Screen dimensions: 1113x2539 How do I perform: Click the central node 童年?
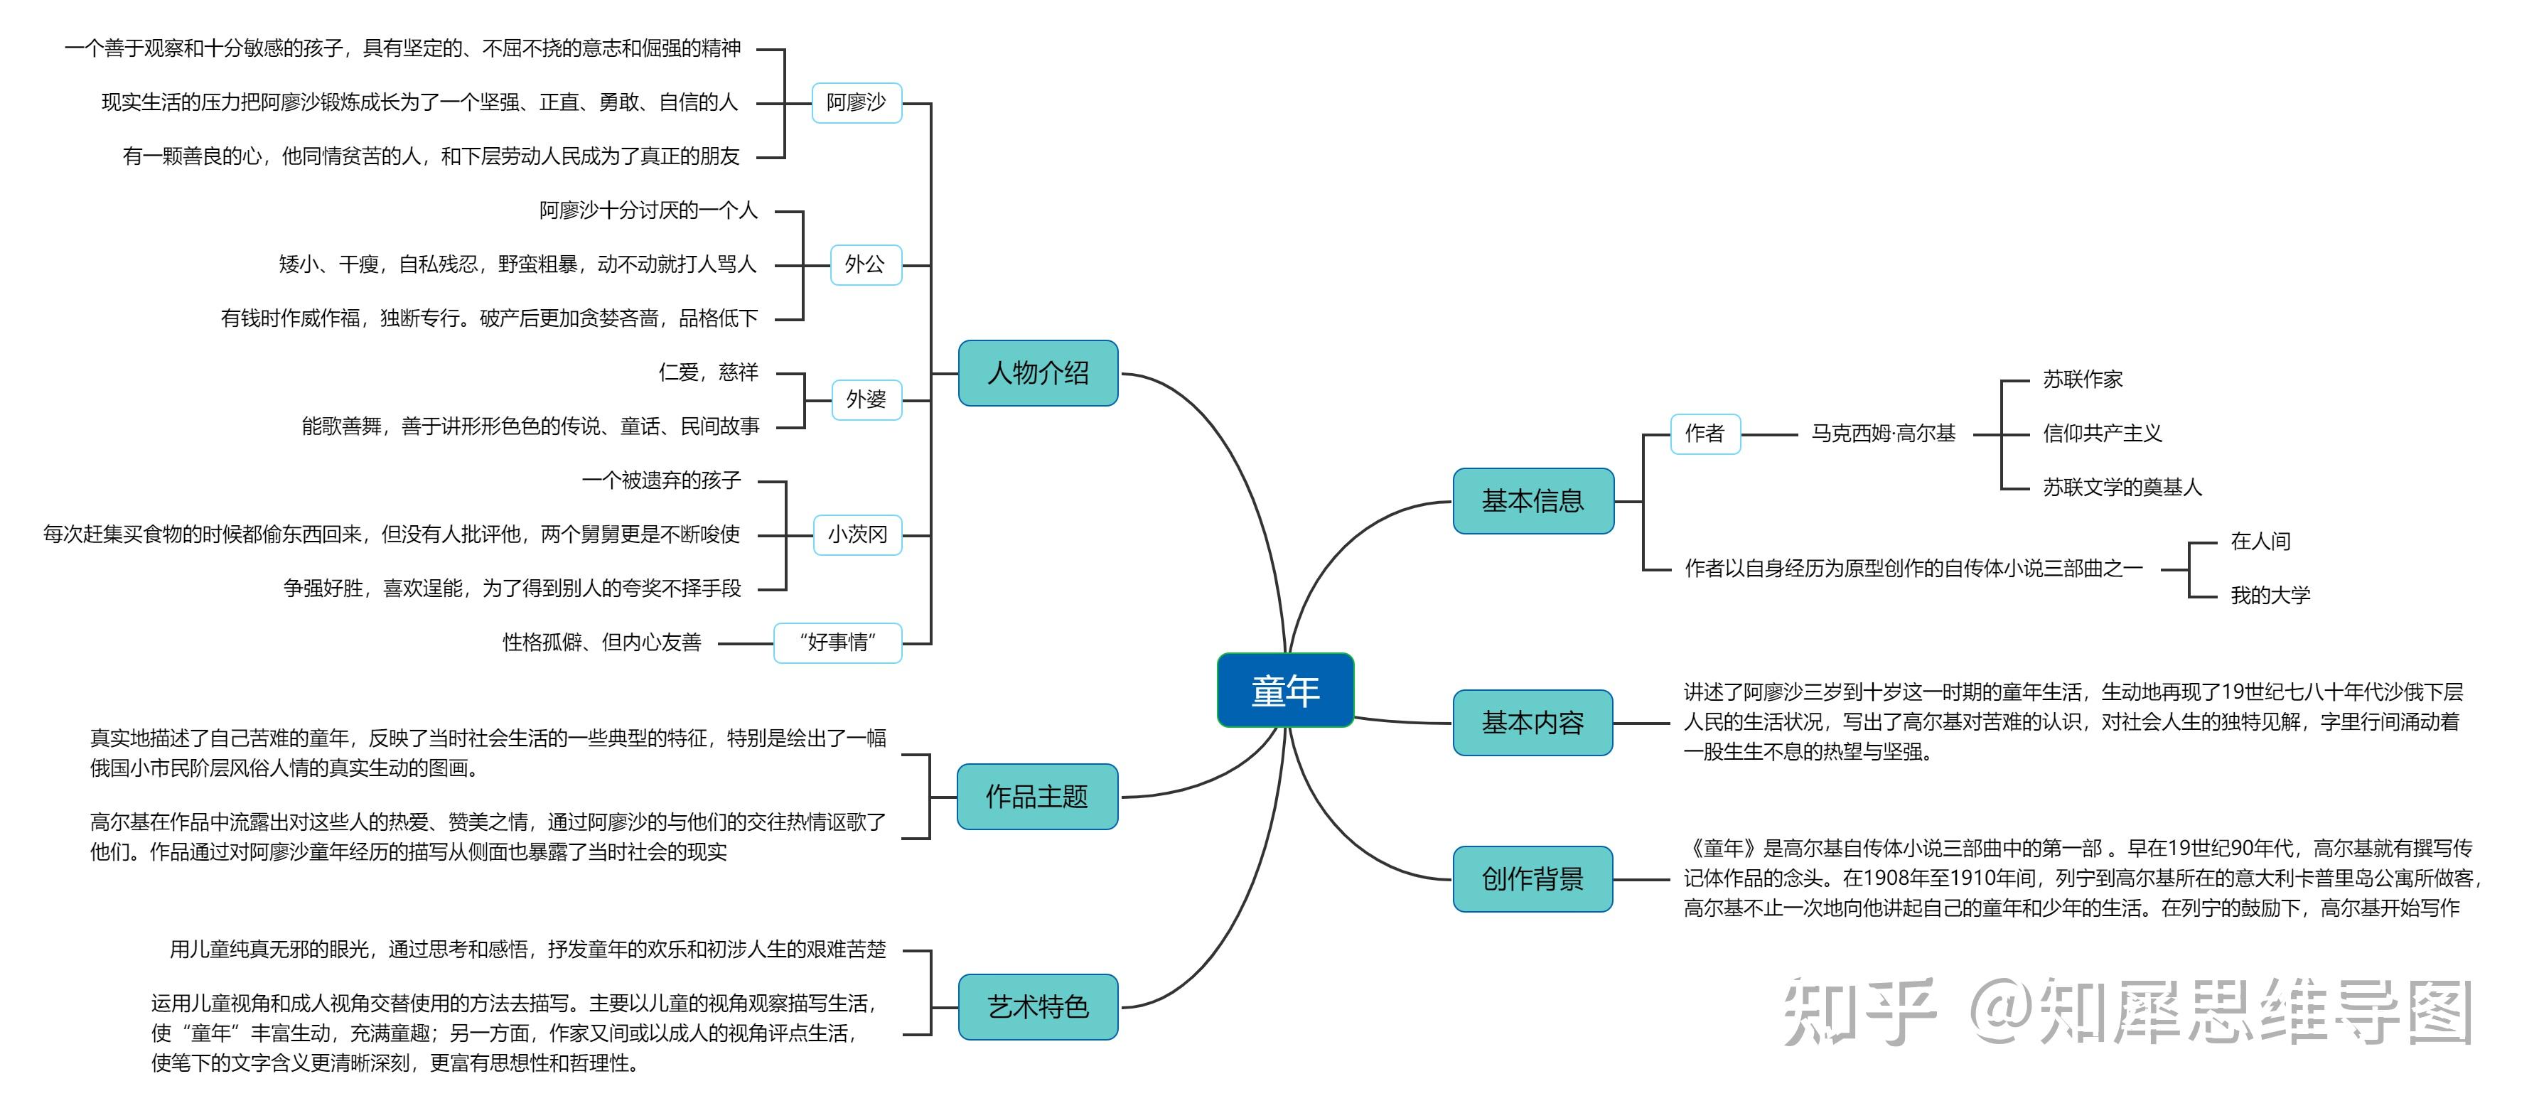[x=1284, y=690]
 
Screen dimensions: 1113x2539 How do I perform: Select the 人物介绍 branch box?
[x=1037, y=372]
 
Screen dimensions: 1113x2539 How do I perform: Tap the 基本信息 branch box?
[x=1532, y=501]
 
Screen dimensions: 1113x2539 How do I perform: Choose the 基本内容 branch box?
[x=1532, y=723]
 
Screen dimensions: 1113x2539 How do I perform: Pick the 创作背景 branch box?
[x=1532, y=878]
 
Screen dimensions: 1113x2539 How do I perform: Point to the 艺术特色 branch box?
[x=1037, y=1006]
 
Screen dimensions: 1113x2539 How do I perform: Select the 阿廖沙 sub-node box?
[x=856, y=102]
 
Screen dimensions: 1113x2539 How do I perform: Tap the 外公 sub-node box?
[x=864, y=264]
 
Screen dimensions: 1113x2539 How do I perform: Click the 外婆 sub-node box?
[x=865, y=399]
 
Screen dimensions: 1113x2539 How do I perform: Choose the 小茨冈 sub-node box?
[x=857, y=534]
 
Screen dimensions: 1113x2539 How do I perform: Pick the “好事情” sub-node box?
[x=837, y=642]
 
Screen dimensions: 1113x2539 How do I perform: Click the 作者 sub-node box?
[x=1705, y=434]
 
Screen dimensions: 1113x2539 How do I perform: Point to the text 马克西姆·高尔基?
[x=1882, y=434]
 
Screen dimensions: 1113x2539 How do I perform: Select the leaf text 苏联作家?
[x=2082, y=380]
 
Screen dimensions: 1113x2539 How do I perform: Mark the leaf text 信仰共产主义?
[x=2101, y=434]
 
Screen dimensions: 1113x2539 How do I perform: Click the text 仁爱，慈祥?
[x=708, y=372]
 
